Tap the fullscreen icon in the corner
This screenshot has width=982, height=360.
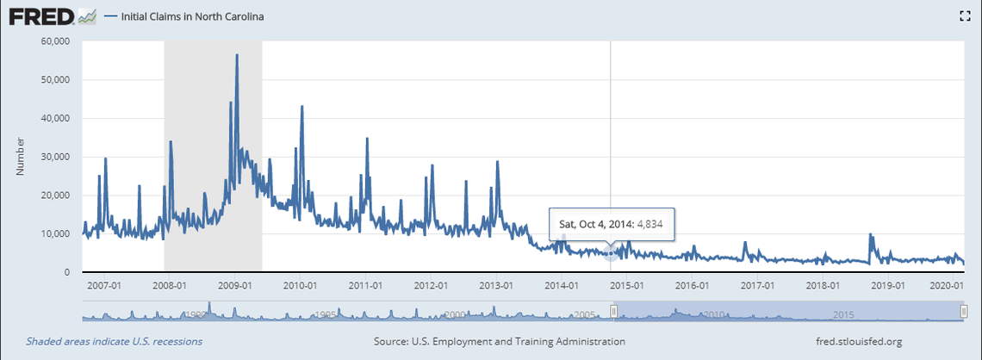[x=966, y=16]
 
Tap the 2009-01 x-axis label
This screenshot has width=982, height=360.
[x=235, y=285]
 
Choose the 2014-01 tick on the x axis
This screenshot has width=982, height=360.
[x=561, y=285]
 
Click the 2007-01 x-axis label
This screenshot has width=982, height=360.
[x=104, y=285]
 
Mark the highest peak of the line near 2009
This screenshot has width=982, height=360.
[x=237, y=55]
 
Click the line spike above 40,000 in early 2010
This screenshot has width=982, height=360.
[x=301, y=107]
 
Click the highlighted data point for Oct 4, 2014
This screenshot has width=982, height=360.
[x=611, y=252]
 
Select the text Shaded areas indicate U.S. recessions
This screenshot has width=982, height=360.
[x=114, y=342]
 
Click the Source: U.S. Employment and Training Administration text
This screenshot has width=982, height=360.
[x=500, y=342]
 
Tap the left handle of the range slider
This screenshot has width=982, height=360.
[x=614, y=312]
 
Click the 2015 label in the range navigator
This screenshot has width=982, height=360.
[x=842, y=315]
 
